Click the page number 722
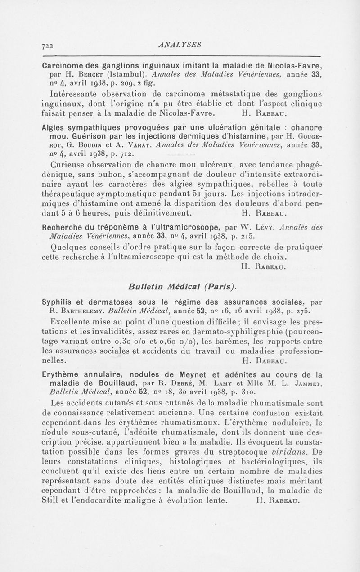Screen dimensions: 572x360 click(x=48, y=45)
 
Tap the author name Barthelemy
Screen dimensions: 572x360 click(x=84, y=311)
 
